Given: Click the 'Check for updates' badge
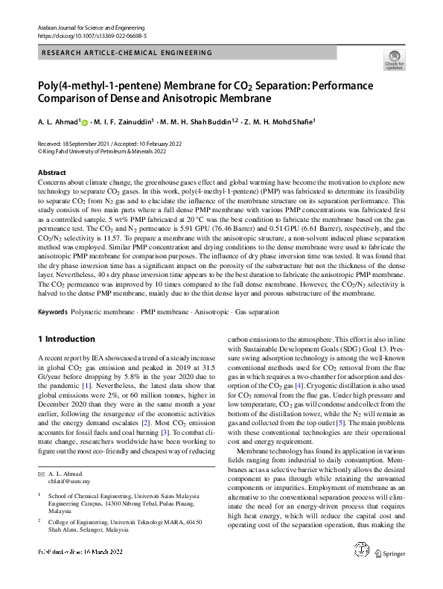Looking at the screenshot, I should pyautogui.click(x=394, y=60).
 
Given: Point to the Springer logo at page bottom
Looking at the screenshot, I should pyautogui.click(x=389, y=574).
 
